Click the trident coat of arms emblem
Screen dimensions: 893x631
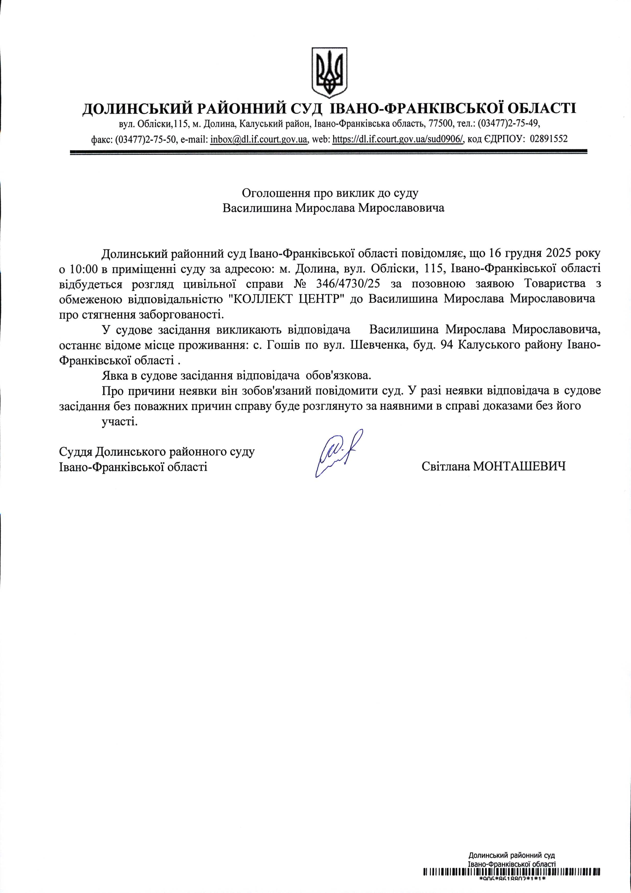[329, 72]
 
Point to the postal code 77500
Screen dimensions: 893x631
[441, 124]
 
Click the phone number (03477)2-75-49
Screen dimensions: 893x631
[508, 124]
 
